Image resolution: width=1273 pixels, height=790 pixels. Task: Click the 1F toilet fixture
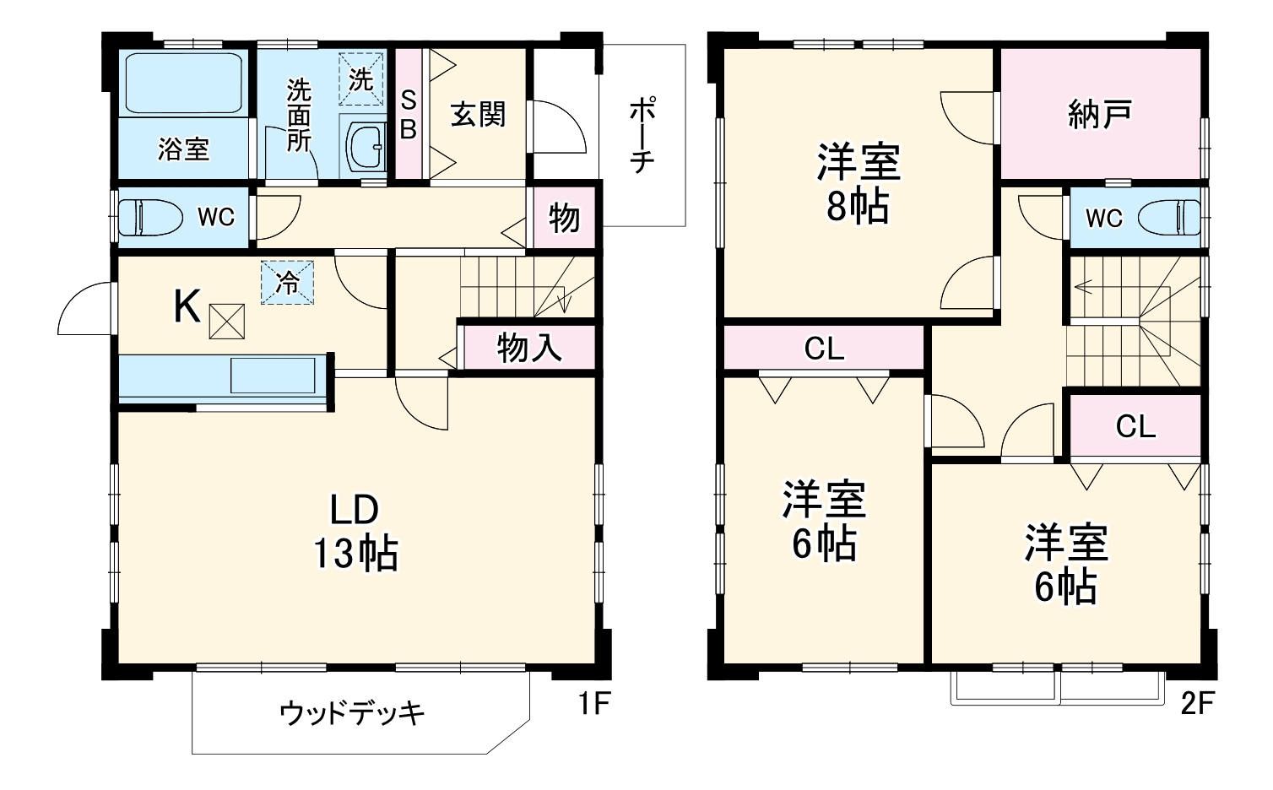point(150,218)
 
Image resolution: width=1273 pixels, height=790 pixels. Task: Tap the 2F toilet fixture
point(1168,217)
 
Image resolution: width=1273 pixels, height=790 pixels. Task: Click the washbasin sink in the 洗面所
point(366,145)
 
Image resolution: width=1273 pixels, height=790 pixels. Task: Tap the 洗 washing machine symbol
point(361,79)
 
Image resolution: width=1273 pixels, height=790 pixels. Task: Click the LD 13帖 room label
point(355,532)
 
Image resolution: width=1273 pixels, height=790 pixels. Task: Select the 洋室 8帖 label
point(858,184)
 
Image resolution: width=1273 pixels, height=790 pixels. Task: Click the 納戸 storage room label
point(1099,114)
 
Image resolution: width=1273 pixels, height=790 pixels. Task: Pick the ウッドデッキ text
point(352,714)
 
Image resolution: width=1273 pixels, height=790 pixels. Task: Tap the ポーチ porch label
point(642,135)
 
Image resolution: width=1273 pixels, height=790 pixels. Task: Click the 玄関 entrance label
point(478,114)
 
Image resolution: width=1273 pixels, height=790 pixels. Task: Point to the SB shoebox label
point(409,115)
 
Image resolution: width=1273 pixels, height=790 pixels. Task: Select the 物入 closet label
point(529,347)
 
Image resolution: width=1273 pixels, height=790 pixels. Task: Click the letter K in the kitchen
point(187,307)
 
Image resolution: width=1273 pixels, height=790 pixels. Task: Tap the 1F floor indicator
point(593,703)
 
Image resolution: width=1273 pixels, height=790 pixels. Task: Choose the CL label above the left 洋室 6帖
point(824,349)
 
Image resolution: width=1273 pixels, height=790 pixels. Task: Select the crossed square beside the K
point(226,321)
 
